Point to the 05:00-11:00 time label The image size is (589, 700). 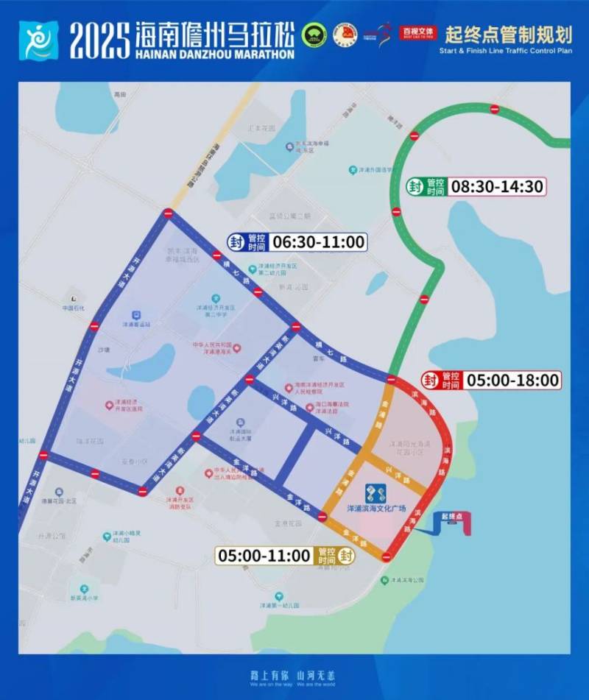[264, 556]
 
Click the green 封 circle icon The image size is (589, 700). [415, 187]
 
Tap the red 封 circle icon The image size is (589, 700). [431, 381]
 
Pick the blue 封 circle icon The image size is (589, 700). [236, 241]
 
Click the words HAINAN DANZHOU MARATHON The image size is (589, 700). [214, 54]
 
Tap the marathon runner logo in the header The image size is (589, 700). [37, 40]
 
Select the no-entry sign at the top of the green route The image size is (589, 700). [495, 110]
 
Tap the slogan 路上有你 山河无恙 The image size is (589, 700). [294, 674]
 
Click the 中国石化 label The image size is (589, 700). [74, 308]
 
